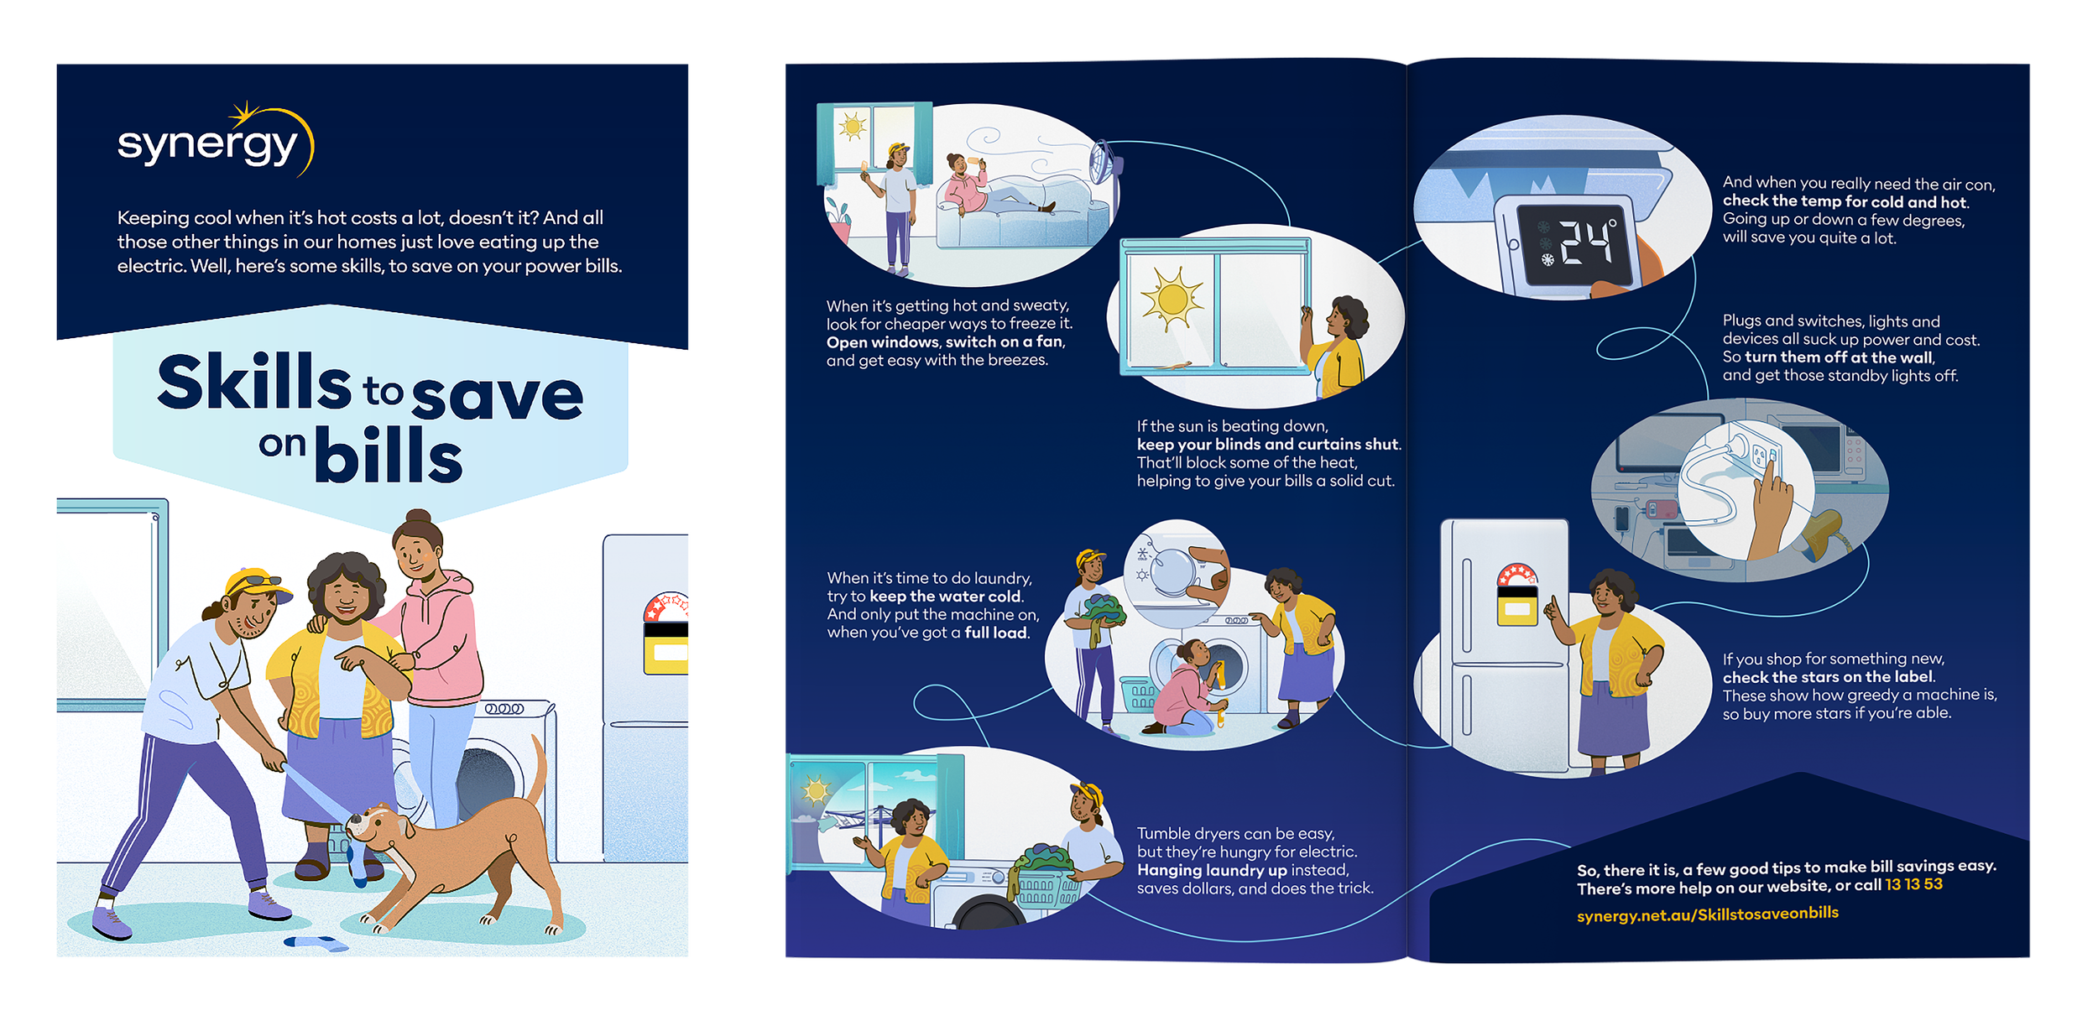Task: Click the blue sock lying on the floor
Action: click(x=316, y=943)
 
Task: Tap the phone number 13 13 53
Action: click(x=1913, y=884)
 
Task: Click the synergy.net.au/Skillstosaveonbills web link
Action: click(x=1707, y=914)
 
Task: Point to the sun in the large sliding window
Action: click(x=1170, y=299)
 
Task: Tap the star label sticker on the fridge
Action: click(x=1517, y=596)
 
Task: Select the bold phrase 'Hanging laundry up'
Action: click(x=1212, y=870)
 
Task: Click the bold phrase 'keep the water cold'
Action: click(x=945, y=597)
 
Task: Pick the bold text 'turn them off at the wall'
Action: click(x=1839, y=357)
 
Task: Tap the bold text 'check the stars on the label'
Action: click(x=1828, y=677)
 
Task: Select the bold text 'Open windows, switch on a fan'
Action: click(x=945, y=342)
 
